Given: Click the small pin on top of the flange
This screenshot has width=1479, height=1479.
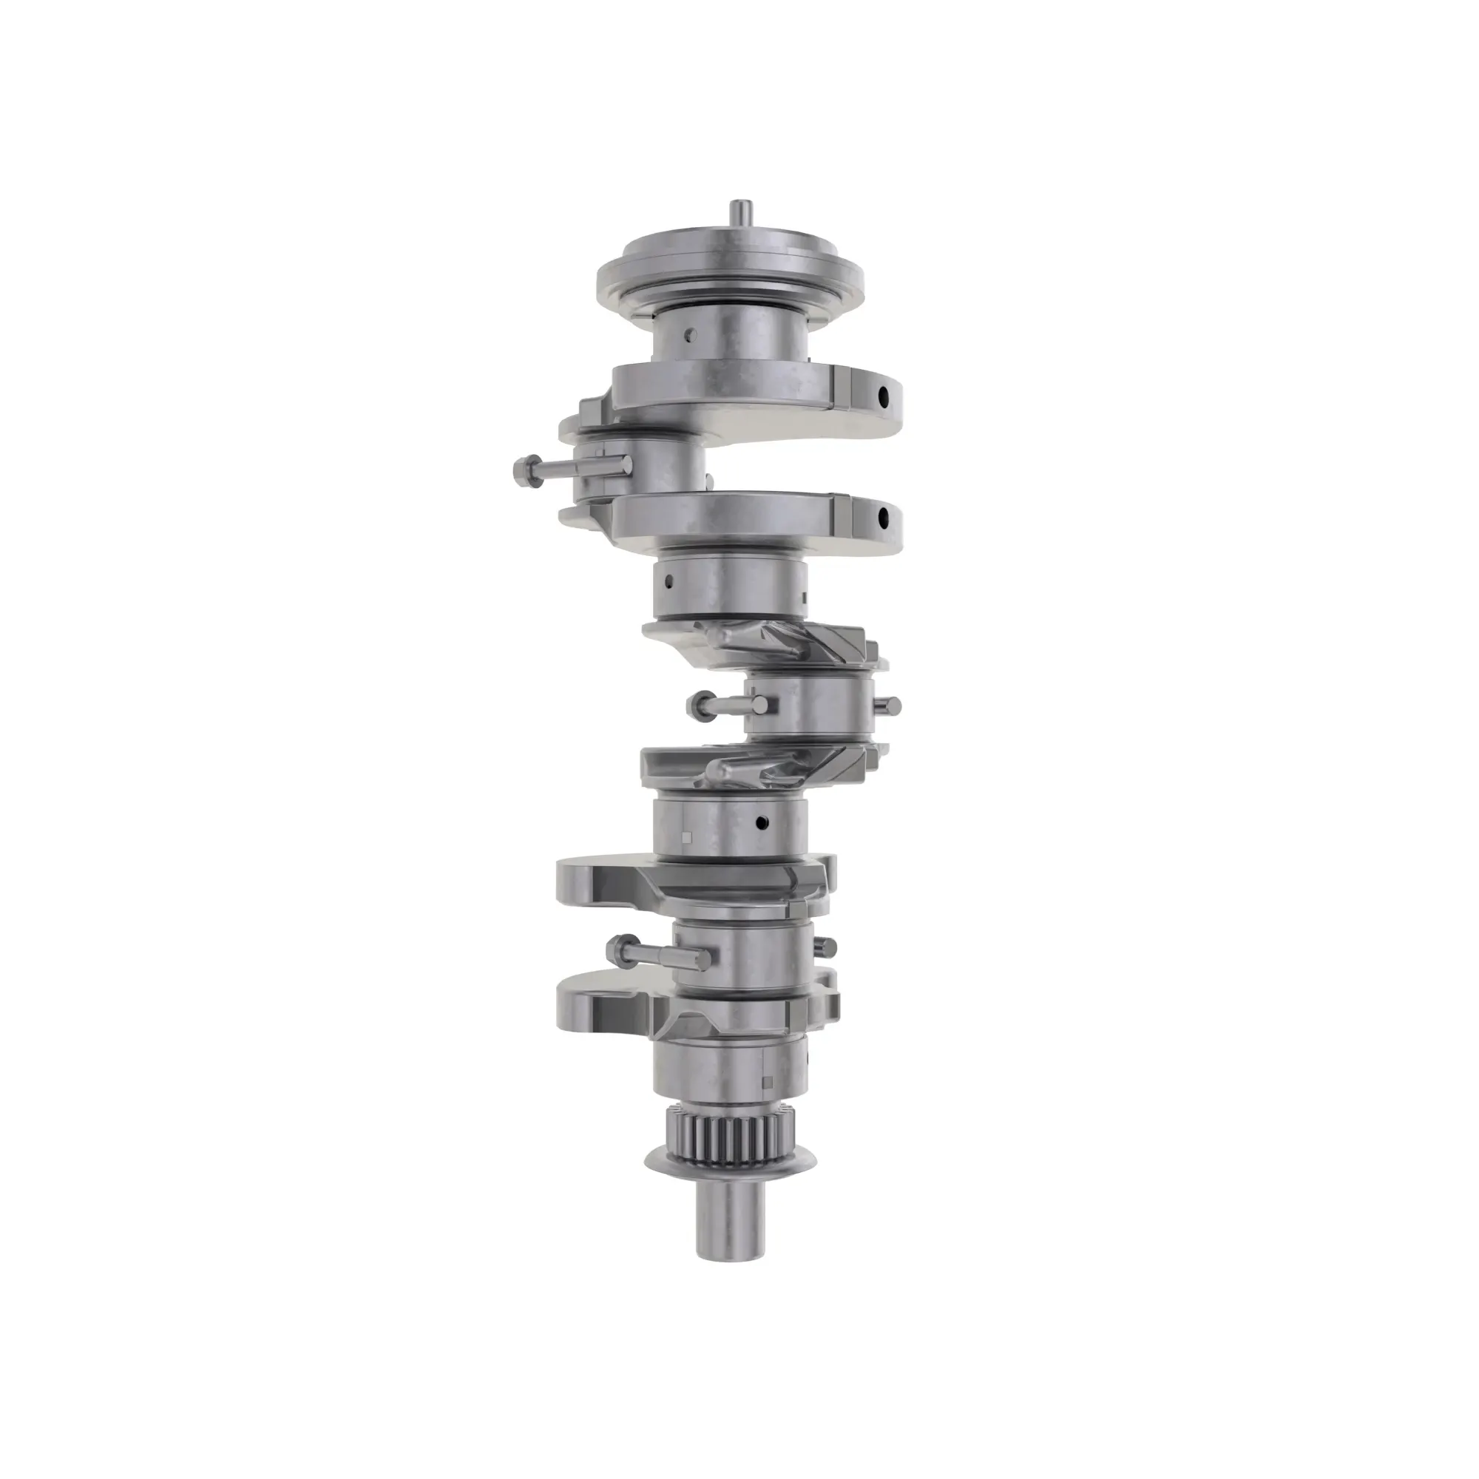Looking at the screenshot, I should [740, 213].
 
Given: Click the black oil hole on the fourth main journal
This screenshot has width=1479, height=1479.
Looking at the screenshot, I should [760, 824].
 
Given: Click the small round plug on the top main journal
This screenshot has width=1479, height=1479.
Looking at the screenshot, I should [691, 334].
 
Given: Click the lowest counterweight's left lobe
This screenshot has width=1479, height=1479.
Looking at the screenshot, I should [586, 1002].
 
